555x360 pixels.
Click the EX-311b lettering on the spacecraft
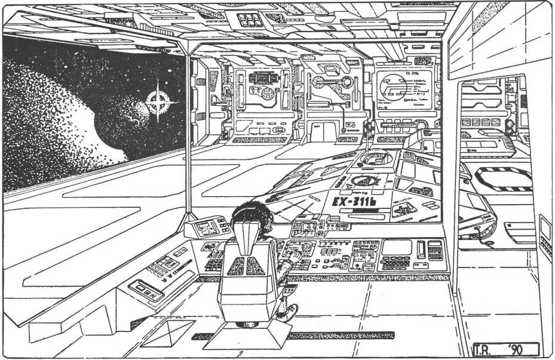pos(352,201)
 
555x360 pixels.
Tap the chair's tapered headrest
pos(249,236)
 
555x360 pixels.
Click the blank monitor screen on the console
pos(397,247)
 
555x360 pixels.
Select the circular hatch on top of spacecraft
pos(376,158)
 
